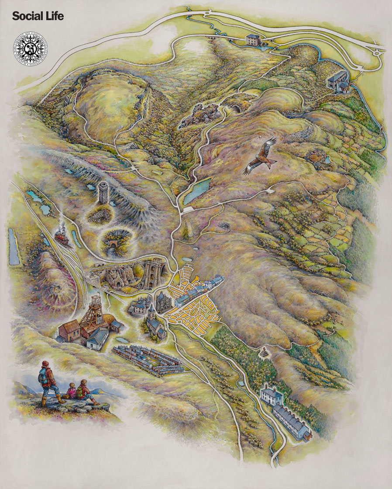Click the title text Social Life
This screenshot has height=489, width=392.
(x=38, y=17)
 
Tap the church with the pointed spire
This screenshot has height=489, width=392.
(x=154, y=323)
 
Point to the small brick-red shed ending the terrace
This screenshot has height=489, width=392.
(x=308, y=435)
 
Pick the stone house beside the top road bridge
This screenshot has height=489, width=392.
(x=252, y=40)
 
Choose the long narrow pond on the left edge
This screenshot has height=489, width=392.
(x=14, y=247)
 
